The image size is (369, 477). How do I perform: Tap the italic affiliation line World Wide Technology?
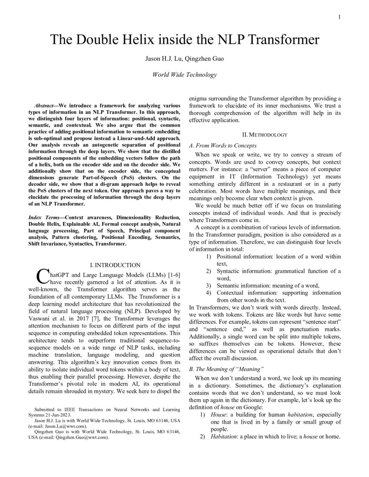(184, 75)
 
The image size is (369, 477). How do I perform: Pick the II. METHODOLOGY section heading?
(265, 135)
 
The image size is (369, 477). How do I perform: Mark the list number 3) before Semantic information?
(208, 285)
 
